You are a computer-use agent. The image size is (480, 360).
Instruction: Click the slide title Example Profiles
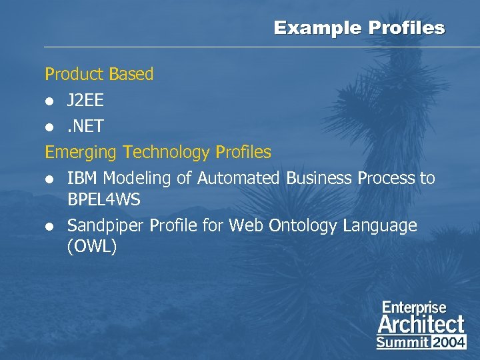359,28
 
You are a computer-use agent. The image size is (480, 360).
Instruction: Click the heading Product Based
99,74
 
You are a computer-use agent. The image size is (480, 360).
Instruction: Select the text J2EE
85,101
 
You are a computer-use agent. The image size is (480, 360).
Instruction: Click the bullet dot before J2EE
49,101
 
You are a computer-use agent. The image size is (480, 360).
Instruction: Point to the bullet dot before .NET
49,127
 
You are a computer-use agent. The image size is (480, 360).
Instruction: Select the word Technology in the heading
166,153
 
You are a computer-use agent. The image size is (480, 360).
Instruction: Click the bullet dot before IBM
49,179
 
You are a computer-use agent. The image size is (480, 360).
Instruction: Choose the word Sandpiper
105,225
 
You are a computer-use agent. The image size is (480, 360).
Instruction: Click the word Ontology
303,225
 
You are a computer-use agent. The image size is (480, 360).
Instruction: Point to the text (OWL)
92,246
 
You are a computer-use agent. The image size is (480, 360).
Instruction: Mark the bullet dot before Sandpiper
49,227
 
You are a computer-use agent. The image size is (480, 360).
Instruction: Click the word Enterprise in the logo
414,308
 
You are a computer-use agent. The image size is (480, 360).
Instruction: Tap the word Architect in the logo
421,325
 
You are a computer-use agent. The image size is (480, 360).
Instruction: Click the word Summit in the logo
402,342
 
